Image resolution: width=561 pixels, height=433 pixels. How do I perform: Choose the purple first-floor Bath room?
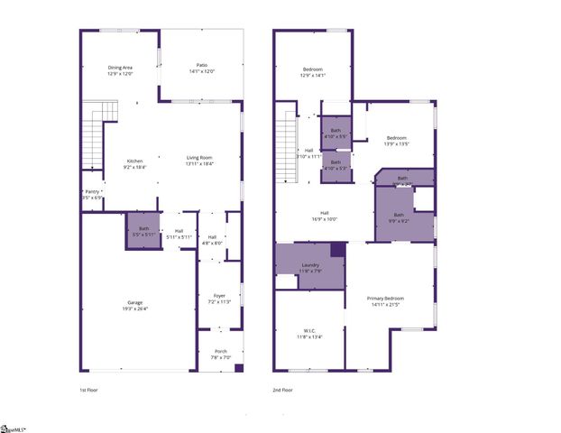coord(143,231)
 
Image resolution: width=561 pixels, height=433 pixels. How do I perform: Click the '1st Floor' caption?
coord(89,390)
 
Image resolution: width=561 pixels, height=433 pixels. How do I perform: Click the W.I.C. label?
coord(309,333)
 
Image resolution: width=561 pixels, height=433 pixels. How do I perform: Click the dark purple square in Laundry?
coord(337,251)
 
